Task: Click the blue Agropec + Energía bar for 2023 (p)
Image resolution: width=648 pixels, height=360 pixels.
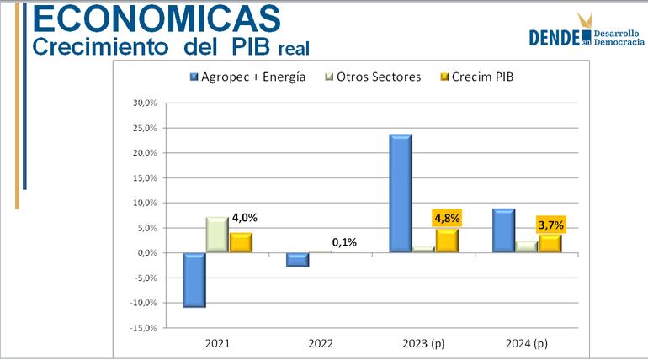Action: click(x=400, y=193)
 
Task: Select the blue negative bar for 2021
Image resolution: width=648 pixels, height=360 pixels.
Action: click(x=194, y=279)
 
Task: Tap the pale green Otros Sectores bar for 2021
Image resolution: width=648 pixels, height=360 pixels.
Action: click(x=217, y=235)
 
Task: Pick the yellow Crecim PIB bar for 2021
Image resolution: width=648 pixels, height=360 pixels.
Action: click(x=240, y=243)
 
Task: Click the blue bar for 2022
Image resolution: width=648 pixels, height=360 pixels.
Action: click(x=297, y=260)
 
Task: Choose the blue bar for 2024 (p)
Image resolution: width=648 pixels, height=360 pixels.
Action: click(x=503, y=230)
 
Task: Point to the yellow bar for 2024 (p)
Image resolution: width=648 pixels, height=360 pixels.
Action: click(x=549, y=243)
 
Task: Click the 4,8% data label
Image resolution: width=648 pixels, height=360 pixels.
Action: click(x=447, y=218)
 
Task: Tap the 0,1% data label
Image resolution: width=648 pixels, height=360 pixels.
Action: click(x=344, y=242)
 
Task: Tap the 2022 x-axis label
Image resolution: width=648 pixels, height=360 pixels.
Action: click(x=321, y=344)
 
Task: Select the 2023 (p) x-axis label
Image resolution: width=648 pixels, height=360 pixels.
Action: click(x=423, y=344)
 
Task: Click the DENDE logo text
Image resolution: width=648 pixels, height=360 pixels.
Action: click(x=555, y=36)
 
